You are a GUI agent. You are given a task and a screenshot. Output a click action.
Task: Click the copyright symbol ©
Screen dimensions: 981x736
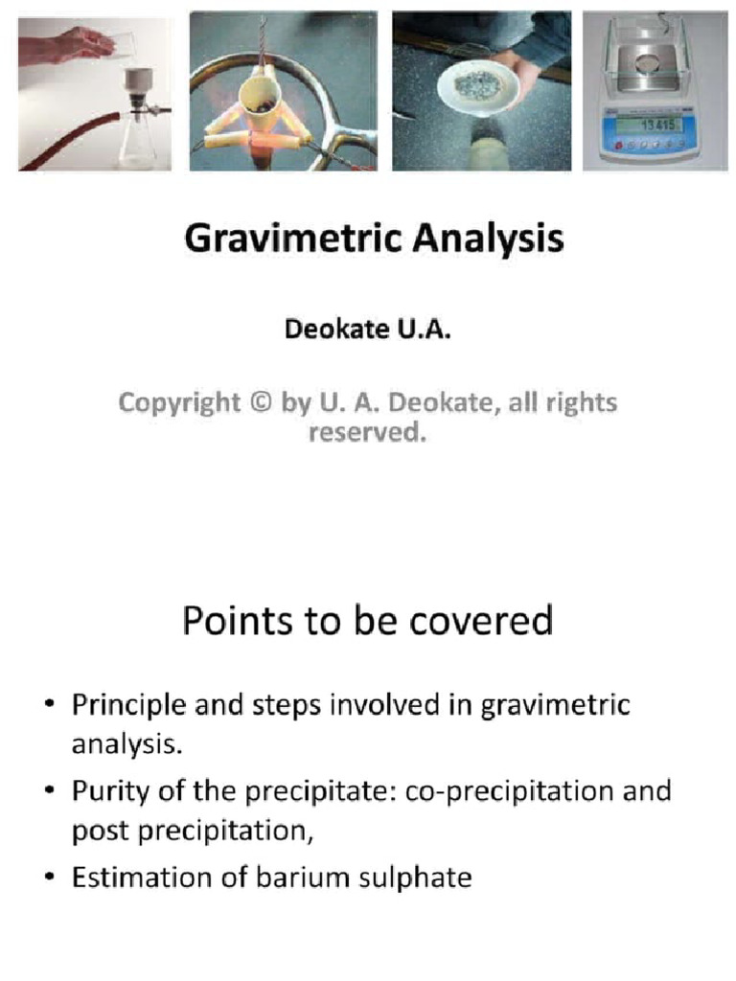(260, 403)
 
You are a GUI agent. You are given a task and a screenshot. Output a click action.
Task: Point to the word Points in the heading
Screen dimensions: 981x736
(238, 623)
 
